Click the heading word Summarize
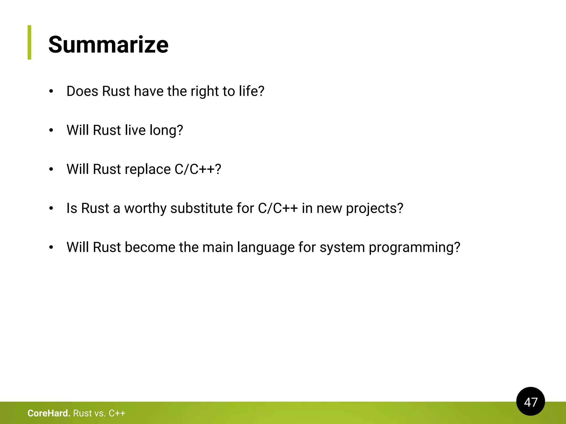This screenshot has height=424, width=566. tap(108, 45)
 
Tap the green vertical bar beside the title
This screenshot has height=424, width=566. tap(30, 42)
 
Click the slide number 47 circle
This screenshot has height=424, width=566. tap(530, 402)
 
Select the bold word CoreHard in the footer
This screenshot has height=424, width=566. tap(49, 413)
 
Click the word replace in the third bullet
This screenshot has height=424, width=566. tap(148, 169)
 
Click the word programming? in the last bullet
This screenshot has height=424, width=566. tap(415, 247)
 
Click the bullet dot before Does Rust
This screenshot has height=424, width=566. tap(51, 92)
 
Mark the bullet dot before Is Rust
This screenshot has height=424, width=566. tap(51, 209)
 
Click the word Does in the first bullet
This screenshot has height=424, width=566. tap(82, 91)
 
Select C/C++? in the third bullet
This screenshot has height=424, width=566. tap(198, 169)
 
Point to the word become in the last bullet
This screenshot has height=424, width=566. tap(150, 247)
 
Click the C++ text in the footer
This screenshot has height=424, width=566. tap(117, 413)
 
